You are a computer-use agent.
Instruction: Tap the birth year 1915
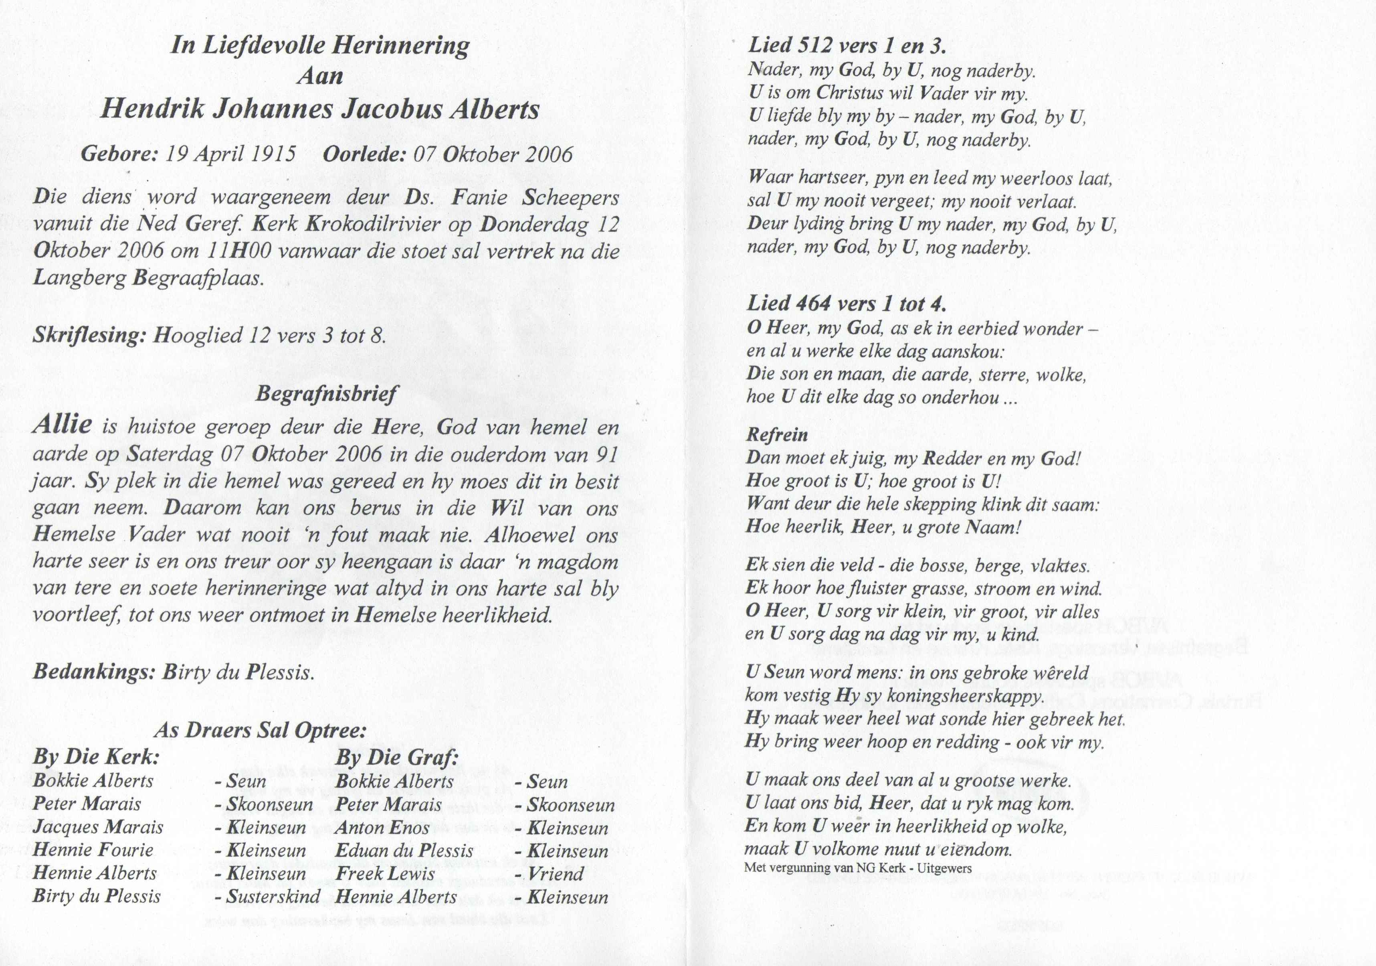(273, 155)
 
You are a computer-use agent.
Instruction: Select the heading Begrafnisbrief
(327, 394)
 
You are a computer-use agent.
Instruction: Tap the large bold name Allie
(63, 425)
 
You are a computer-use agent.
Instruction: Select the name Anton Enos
(382, 828)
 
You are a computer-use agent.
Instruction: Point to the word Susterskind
(273, 897)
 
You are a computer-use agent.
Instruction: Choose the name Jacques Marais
(98, 828)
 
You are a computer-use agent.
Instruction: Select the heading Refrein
(777, 435)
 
